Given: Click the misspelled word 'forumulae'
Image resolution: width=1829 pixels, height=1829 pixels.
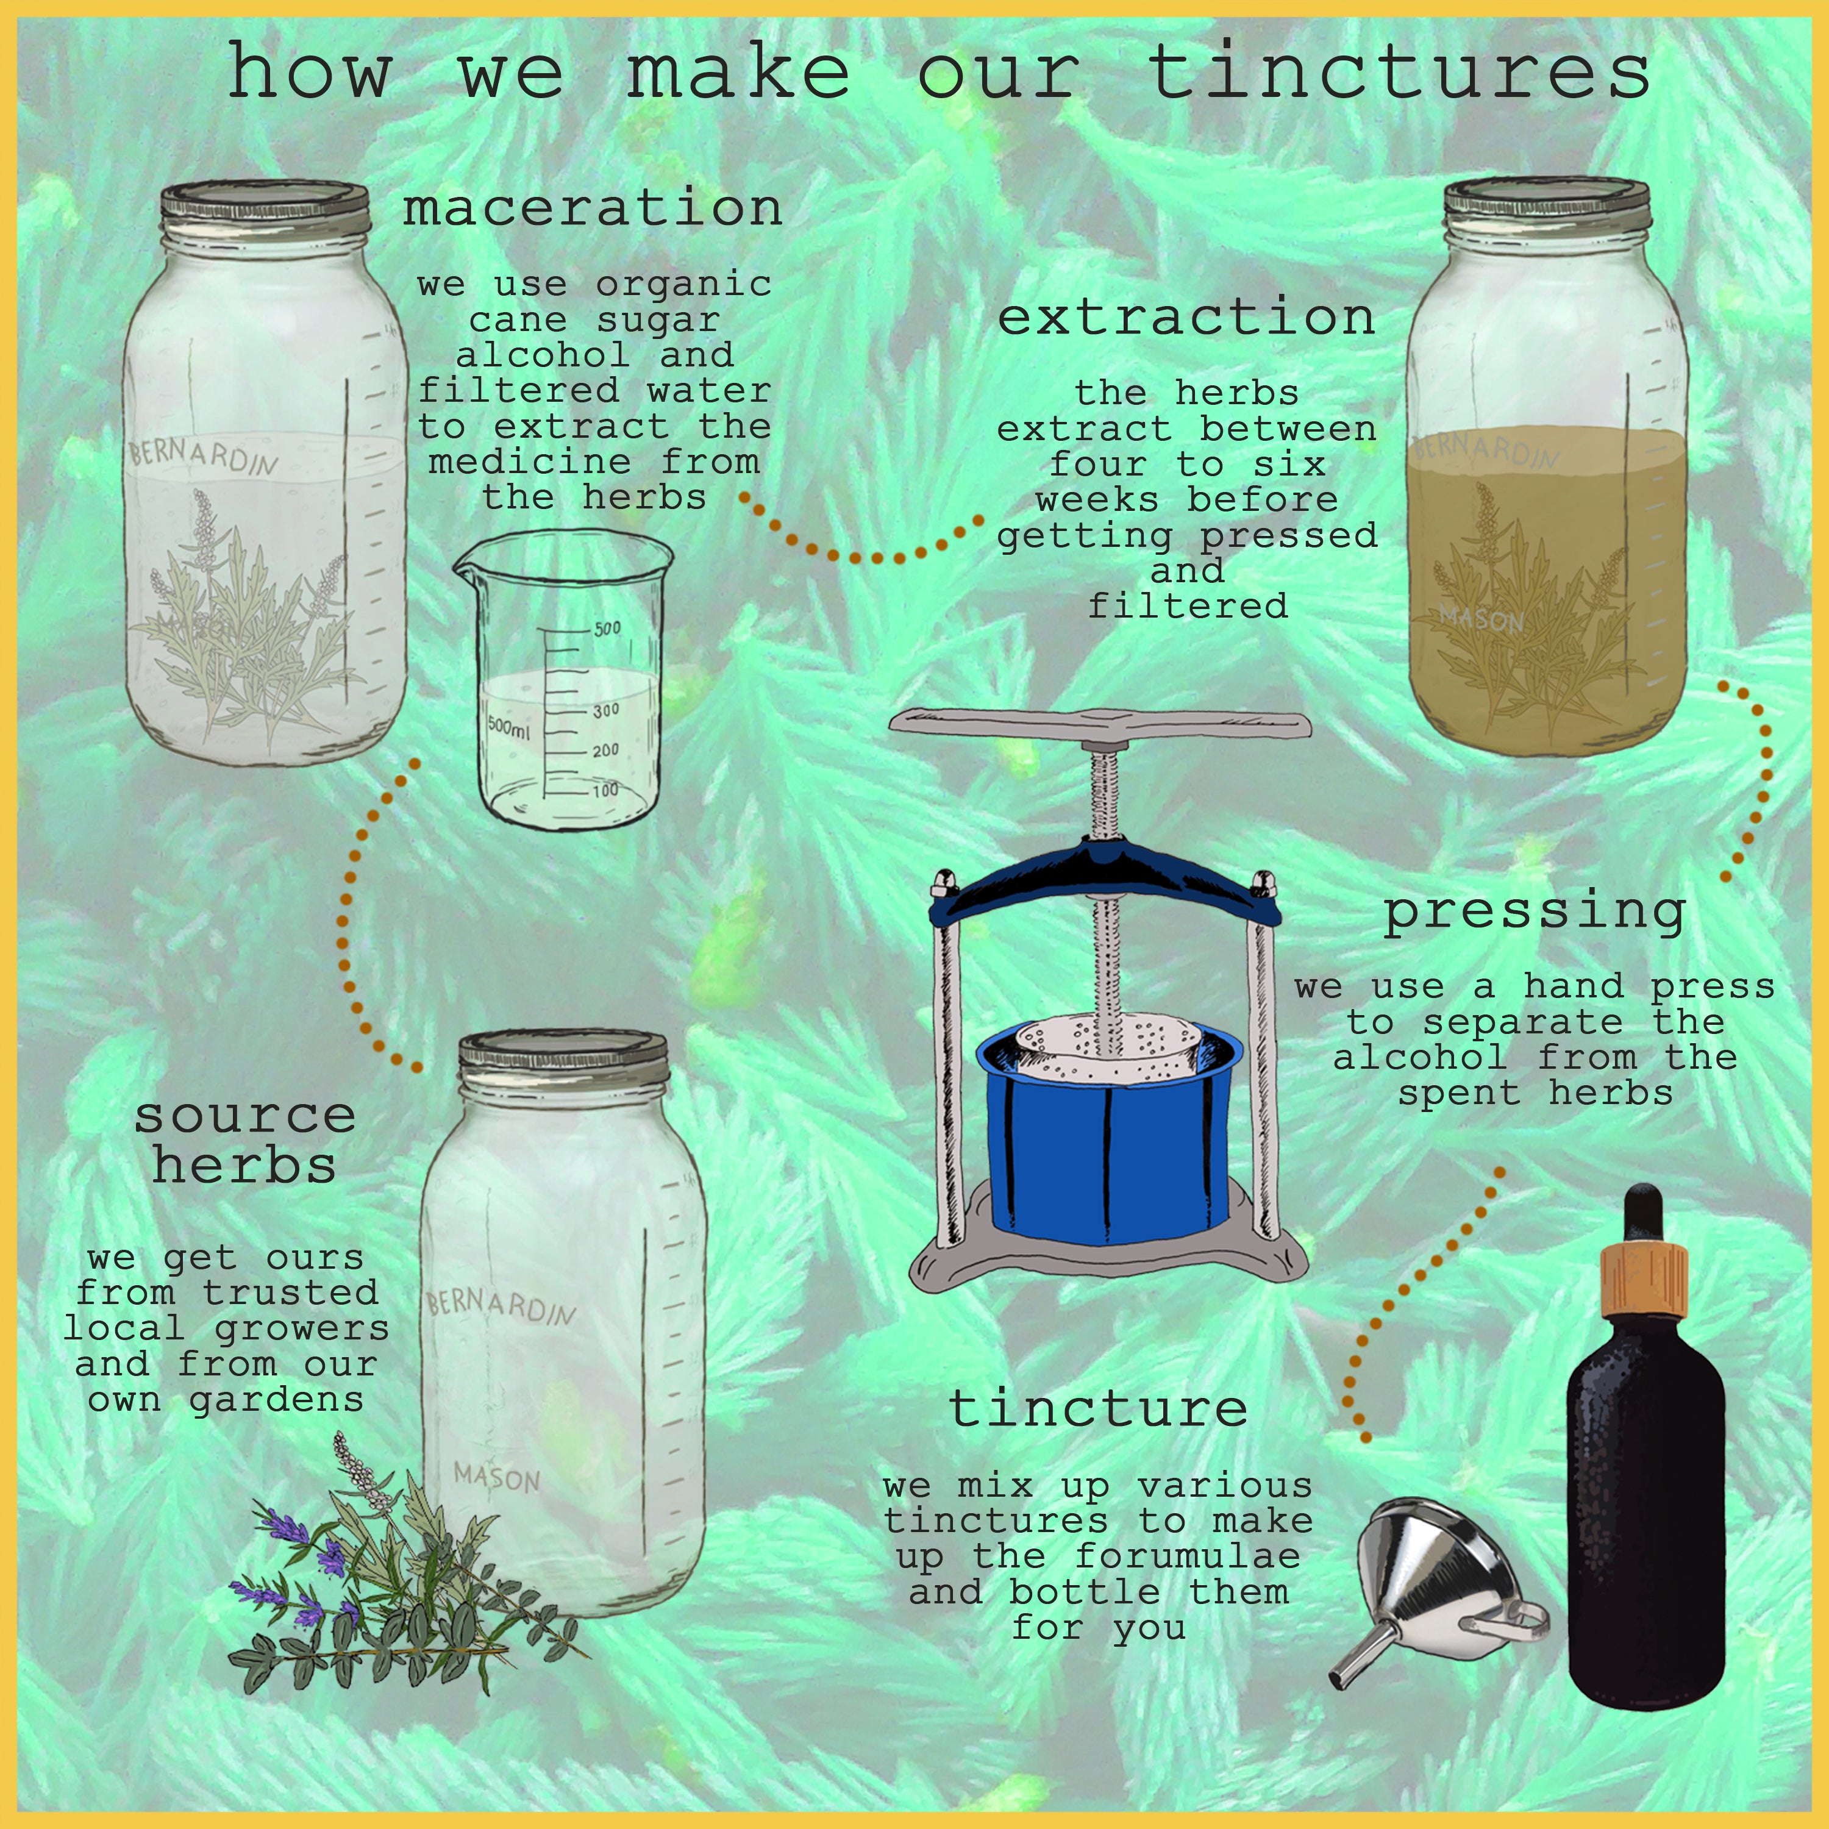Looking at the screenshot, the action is point(1188,1556).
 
